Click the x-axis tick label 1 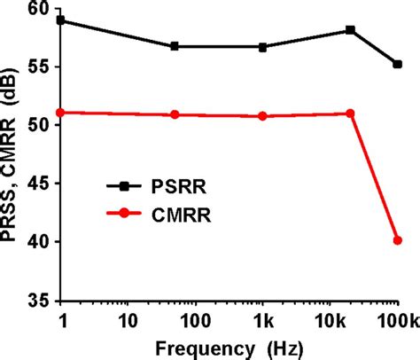(x=61, y=317)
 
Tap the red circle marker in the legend (x=125, y=213)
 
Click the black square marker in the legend (x=125, y=186)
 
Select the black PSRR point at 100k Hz (x=398, y=64)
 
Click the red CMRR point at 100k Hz (x=398, y=239)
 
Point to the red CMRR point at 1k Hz (x=263, y=116)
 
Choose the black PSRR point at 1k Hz (x=263, y=47)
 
